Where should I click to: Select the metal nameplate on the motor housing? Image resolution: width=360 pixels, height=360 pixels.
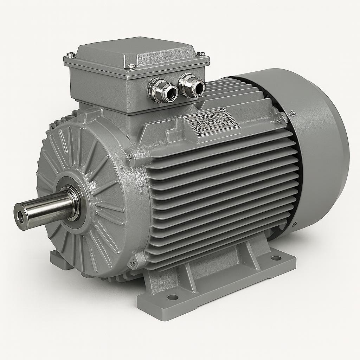pos(212,121)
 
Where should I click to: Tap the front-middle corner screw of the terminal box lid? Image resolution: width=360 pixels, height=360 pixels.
pos(131,66)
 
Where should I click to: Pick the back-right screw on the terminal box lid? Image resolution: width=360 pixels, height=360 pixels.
pos(201,54)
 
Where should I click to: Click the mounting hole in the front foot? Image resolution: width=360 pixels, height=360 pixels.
pos(173,297)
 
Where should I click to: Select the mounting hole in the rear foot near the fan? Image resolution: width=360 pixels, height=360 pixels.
pos(276,258)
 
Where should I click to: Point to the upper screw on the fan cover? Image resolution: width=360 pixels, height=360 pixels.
pos(292,113)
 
